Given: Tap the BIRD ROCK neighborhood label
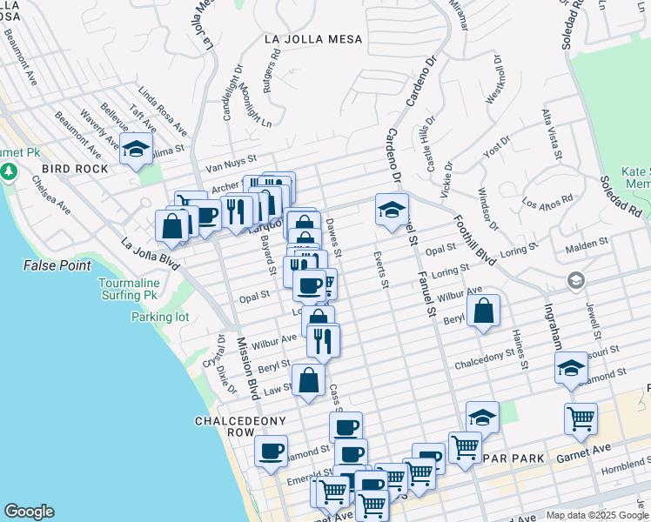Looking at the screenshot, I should (74, 169).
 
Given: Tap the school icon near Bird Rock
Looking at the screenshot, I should (137, 149).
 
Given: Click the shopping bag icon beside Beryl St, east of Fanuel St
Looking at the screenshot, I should (483, 311).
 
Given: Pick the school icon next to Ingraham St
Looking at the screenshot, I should (571, 367).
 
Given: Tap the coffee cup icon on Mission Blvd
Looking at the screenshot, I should (271, 451).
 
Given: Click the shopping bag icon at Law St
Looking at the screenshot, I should (308, 380).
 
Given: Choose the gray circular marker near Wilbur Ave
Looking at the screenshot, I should (574, 280).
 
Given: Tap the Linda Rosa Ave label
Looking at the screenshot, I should (163, 110).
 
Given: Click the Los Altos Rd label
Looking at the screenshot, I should (547, 201).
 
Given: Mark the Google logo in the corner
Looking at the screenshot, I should (29, 512).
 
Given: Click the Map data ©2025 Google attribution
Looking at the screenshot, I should (596, 515).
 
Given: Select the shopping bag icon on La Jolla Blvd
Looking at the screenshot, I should (172, 225).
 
